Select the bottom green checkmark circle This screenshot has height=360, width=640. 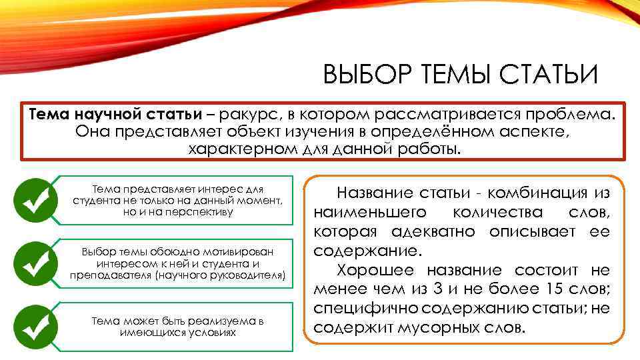tap(33, 325)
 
